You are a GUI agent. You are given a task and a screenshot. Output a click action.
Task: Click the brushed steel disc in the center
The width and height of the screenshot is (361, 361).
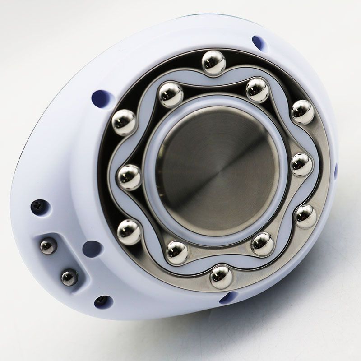(x=217, y=171)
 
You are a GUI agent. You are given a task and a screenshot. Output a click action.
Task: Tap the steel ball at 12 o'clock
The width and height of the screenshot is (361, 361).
(x=213, y=62)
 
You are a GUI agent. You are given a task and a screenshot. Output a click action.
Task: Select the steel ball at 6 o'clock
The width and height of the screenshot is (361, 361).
(x=222, y=276)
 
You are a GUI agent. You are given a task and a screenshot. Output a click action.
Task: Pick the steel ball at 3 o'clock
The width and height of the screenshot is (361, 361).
(x=301, y=165)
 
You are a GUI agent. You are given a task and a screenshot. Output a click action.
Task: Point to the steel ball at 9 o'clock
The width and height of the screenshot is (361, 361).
(x=130, y=177)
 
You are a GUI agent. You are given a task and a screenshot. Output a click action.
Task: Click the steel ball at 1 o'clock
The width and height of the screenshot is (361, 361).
(x=258, y=90)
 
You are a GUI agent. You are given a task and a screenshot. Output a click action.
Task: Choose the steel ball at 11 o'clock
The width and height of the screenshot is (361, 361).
(x=171, y=94)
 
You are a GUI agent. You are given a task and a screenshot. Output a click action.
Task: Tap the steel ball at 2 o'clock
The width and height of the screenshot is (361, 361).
(x=302, y=112)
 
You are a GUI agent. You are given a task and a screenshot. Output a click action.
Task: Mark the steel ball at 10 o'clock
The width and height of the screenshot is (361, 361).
(x=124, y=122)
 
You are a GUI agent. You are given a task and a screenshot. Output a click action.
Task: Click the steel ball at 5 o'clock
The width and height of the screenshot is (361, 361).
(x=262, y=244)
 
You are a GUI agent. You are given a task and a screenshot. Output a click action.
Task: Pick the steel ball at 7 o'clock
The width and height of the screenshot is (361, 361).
(x=177, y=252)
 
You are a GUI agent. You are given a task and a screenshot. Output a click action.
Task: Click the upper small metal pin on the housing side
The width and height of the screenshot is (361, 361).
(x=48, y=246)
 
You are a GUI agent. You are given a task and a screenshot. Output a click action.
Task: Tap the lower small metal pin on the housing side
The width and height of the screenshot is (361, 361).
(x=69, y=277)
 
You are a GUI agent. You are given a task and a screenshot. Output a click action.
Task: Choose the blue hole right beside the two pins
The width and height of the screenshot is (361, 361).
(x=93, y=249)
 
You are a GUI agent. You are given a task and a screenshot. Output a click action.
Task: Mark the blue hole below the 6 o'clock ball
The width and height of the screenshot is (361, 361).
(x=228, y=297)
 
